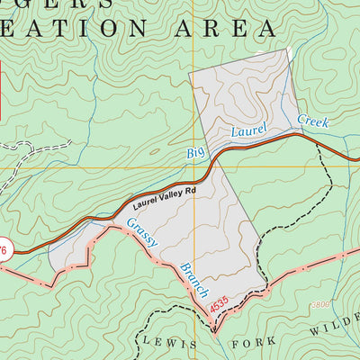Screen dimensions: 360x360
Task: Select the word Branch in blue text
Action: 193,280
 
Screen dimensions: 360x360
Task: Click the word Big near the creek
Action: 196,150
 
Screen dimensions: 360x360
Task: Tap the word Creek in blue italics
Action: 312,121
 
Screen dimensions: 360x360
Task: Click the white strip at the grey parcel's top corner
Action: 290,57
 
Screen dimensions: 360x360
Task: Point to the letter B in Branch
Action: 183,268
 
